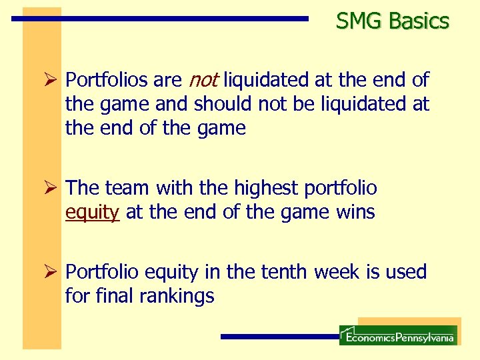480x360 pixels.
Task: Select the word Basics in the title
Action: tap(419, 21)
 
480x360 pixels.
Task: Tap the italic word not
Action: tap(203, 81)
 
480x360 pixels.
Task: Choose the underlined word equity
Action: tap(92, 213)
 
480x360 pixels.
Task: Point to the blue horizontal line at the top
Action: tap(160, 19)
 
